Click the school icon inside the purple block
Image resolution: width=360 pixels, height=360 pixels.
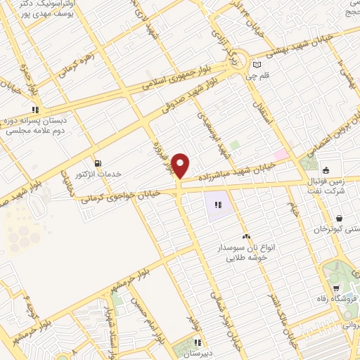click(x=218, y=205)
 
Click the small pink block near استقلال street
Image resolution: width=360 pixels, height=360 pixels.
click(x=281, y=154)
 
